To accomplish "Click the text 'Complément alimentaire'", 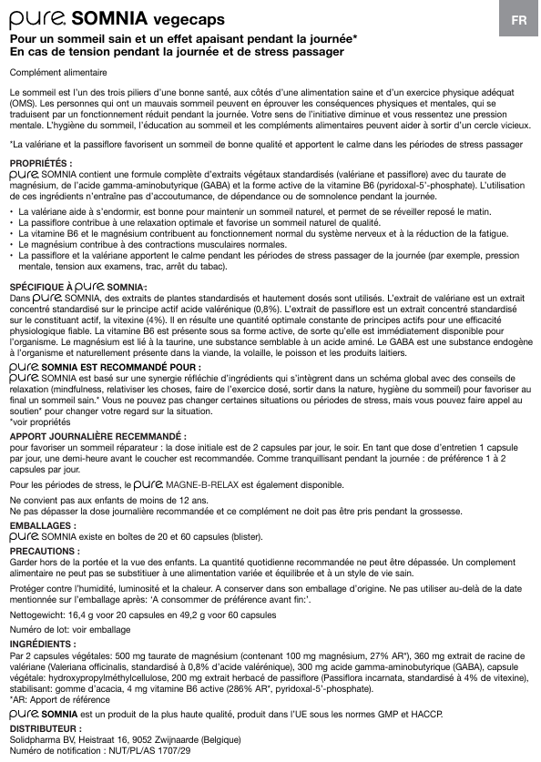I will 58,72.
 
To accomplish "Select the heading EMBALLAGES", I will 42,526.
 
